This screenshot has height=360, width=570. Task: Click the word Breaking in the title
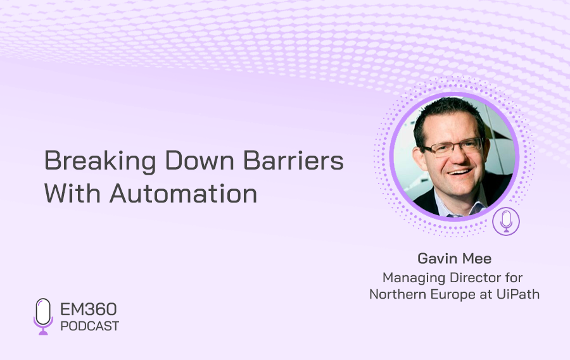pos(100,161)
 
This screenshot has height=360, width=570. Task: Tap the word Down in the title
pos(199,160)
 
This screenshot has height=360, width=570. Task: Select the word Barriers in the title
pos(293,160)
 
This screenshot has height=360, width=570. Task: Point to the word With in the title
pos(72,193)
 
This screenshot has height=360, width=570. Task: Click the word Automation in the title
pos(184,193)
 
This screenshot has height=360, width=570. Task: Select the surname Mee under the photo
pos(478,259)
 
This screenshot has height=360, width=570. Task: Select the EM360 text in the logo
pos(88,309)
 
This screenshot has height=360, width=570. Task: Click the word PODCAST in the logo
pos(90,326)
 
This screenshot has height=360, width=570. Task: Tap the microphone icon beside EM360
pos(43,316)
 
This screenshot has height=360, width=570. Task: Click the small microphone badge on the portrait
pos(506,221)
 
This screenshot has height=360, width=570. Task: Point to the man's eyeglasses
pos(453,147)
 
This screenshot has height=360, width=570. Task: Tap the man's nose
pos(460,156)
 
